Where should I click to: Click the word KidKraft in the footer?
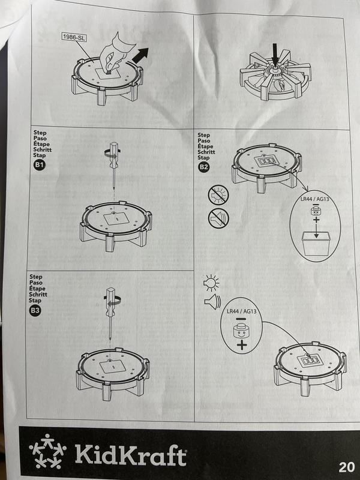(x=130, y=454)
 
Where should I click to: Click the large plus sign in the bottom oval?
(x=242, y=346)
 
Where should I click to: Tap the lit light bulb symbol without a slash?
(x=211, y=281)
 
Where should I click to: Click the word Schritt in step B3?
(x=38, y=295)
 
